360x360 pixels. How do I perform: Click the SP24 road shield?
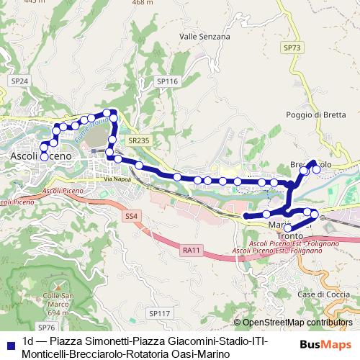click(19, 82)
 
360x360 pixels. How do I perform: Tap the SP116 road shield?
click(167, 82)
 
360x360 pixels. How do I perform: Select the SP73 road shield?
click(292, 48)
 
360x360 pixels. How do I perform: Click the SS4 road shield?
click(131, 216)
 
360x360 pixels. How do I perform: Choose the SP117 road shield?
click(159, 313)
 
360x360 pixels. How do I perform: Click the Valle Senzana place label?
click(204, 36)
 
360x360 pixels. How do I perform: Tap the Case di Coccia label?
click(318, 295)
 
